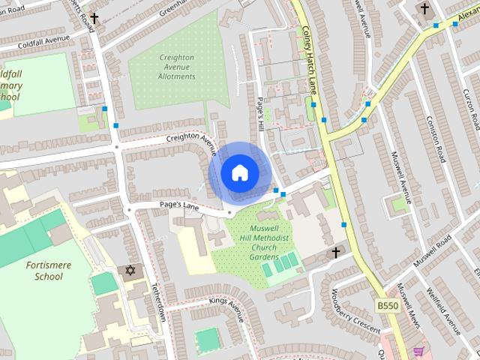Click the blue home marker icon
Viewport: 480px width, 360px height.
point(239,172)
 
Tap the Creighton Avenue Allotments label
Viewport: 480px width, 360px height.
point(177,67)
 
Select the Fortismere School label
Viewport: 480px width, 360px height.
point(44,270)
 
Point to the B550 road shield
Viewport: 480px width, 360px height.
point(387,306)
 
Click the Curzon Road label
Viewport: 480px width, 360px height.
point(470,106)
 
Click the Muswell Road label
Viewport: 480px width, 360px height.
point(435,250)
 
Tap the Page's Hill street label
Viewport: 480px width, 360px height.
point(261,113)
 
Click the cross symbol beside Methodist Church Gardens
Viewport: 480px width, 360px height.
point(336,253)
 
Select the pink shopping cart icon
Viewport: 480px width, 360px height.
point(418,352)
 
